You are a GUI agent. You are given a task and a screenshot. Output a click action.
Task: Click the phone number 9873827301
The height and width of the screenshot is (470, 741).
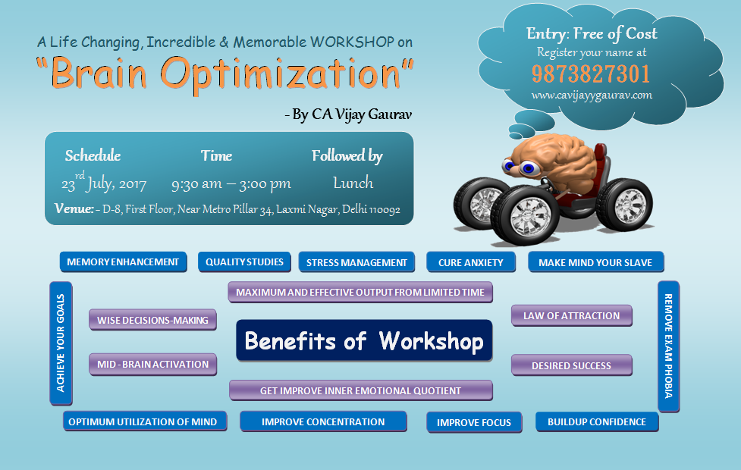click(x=591, y=74)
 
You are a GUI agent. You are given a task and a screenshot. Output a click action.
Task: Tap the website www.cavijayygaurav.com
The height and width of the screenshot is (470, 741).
click(x=592, y=96)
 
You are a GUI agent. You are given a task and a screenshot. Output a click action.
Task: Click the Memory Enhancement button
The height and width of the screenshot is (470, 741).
click(x=123, y=262)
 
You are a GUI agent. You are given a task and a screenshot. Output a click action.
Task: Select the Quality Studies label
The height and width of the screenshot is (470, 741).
click(x=244, y=262)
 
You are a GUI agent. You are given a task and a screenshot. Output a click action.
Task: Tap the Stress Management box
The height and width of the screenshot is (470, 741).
click(x=356, y=262)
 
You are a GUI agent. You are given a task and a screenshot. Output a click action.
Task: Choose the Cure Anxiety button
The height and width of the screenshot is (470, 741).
click(x=471, y=262)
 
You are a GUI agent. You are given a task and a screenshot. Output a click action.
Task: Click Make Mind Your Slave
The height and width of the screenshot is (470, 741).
click(x=595, y=262)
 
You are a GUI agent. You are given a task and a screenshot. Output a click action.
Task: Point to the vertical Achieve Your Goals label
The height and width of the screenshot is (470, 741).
click(x=61, y=343)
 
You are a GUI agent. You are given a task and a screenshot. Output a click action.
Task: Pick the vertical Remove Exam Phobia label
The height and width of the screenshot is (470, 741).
click(x=668, y=346)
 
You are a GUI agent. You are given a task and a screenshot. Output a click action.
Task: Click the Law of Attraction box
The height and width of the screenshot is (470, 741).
click(x=571, y=315)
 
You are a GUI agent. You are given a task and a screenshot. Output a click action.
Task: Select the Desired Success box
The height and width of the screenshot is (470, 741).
click(x=571, y=365)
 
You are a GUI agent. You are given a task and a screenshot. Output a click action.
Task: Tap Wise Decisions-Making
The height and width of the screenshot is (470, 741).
click(x=152, y=320)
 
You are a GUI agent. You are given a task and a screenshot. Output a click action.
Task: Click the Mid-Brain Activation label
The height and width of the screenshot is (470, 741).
click(x=152, y=364)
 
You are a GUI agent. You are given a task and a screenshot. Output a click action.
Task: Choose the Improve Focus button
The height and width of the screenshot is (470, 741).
click(x=474, y=422)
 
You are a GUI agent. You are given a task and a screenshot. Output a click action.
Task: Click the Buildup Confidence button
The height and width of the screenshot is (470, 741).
click(x=597, y=421)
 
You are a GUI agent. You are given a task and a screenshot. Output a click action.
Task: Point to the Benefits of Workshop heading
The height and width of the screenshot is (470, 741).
click(x=364, y=340)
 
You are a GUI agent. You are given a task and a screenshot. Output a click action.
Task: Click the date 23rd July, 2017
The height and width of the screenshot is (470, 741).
click(x=104, y=183)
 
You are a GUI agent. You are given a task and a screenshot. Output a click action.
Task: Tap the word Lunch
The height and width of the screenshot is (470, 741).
click(x=353, y=183)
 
